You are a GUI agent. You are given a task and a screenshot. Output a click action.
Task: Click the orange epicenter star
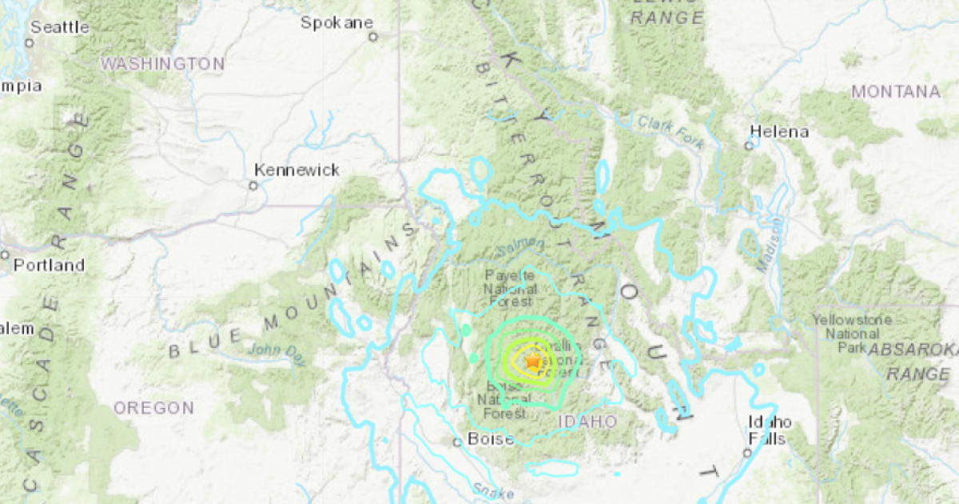(x=533, y=362)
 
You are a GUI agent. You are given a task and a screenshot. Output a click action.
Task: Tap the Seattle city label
(x=60, y=27)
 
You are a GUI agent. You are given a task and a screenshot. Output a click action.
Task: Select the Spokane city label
(x=336, y=23)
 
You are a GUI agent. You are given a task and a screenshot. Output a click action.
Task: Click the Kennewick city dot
(x=253, y=186)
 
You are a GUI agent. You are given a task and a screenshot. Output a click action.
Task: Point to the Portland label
(x=47, y=265)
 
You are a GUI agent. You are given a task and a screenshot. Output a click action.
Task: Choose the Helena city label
(x=779, y=132)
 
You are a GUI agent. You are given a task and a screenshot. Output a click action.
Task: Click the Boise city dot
(x=457, y=442)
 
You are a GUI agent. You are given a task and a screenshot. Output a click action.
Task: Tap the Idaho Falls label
(x=770, y=430)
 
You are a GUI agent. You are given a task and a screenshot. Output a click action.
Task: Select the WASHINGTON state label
(x=162, y=64)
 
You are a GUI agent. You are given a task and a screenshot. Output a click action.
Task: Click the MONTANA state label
(x=895, y=92)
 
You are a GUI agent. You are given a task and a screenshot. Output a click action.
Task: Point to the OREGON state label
(x=153, y=408)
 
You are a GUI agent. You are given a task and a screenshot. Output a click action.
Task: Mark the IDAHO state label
(x=587, y=421)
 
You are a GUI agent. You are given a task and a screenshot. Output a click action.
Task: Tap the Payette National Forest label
(x=509, y=289)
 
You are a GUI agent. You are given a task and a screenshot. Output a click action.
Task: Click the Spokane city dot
(x=372, y=36)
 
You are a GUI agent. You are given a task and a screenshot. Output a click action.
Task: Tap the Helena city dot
(x=750, y=146)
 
